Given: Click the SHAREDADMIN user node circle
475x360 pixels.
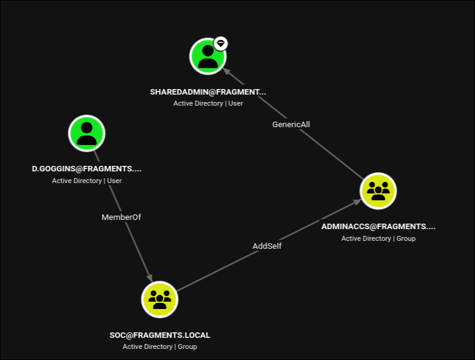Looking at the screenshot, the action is (208, 57).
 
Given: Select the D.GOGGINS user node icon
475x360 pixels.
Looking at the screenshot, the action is (87, 133).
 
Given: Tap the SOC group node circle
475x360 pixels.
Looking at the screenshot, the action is (160, 299).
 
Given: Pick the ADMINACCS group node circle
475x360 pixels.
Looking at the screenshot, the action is (378, 191).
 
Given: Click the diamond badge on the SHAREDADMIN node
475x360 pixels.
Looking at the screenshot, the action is (221, 44).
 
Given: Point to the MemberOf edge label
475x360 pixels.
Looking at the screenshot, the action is (121, 217).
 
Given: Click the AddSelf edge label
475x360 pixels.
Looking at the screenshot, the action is (267, 246).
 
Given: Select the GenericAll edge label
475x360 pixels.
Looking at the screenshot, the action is (291, 125).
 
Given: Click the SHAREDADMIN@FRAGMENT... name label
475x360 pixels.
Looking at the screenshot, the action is (208, 92).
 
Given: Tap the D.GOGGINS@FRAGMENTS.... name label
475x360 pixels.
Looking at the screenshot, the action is (87, 169).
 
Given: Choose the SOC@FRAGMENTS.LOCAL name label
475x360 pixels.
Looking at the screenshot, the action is (160, 335).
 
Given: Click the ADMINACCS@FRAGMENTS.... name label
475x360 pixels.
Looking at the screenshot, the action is (378, 227).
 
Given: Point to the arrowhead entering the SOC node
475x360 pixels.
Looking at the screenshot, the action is (150, 278).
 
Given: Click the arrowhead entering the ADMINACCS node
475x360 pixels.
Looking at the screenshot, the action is (357, 202).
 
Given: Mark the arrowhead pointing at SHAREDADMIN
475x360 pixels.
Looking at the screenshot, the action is (227, 71).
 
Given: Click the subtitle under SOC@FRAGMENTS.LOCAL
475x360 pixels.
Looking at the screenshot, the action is (160, 346).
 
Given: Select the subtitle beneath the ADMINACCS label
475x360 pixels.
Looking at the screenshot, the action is (379, 238).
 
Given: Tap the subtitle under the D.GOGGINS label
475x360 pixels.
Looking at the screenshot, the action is (87, 181).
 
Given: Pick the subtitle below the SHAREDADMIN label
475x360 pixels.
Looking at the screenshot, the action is (208, 104).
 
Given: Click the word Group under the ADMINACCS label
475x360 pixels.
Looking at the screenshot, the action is (406, 238).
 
